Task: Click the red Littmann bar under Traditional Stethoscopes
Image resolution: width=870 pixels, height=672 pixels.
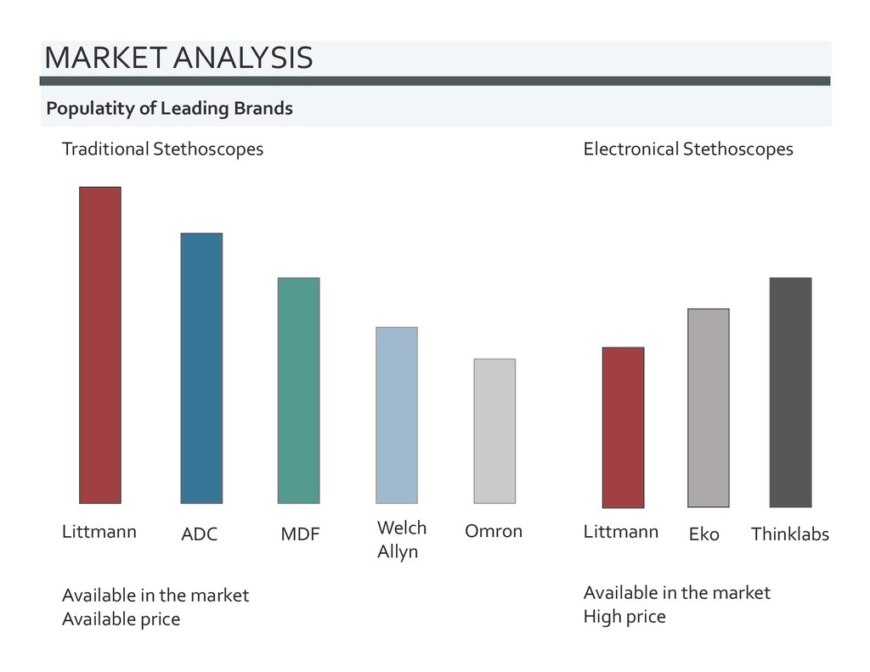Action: [100, 345]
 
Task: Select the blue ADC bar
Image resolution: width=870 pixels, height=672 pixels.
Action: [201, 368]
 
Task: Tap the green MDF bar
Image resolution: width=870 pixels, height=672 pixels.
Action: [299, 390]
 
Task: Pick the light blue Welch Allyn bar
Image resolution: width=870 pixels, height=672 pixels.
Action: [397, 415]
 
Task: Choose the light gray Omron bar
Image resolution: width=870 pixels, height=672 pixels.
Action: [494, 431]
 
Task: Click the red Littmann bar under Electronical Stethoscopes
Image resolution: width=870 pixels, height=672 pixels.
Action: [623, 427]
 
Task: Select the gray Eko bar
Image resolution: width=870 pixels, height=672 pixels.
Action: [708, 408]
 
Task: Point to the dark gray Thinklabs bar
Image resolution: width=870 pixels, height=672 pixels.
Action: [790, 392]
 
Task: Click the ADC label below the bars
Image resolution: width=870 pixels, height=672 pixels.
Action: [200, 534]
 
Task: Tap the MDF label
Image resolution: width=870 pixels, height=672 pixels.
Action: [300, 534]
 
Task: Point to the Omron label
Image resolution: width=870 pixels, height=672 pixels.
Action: [494, 531]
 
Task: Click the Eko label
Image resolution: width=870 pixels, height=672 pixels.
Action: [704, 534]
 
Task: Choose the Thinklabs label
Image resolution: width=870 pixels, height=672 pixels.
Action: [789, 534]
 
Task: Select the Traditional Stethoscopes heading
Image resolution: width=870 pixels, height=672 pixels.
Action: [162, 150]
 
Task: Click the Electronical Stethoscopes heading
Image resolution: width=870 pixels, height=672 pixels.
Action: [688, 150]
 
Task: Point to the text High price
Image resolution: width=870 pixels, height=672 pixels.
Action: [624, 616]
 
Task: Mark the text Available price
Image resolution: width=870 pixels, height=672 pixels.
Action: [121, 619]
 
